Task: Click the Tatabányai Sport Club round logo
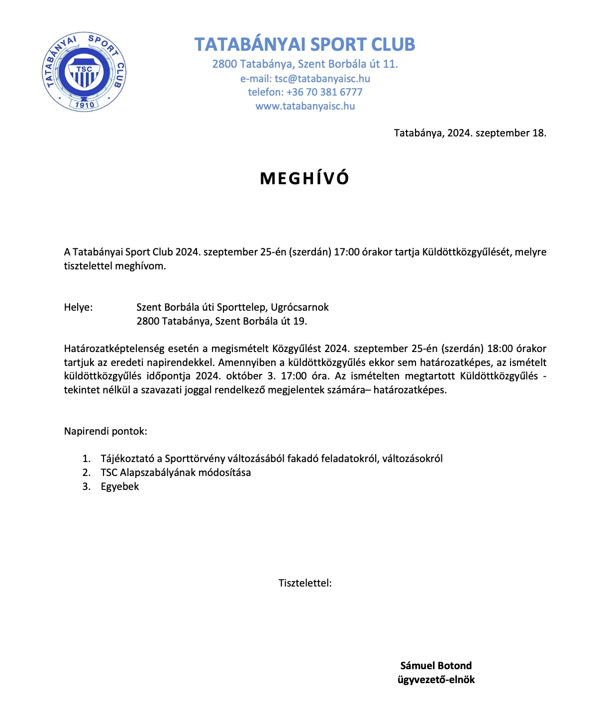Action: [84, 72]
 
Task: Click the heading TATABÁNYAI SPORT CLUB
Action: [304, 44]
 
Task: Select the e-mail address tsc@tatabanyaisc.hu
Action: [322, 79]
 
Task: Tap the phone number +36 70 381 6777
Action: [324, 92]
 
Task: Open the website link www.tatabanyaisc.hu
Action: [305, 106]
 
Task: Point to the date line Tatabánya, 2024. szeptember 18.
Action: [470, 133]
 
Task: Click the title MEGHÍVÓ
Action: [304, 178]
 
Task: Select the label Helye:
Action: [78, 307]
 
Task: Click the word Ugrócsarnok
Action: [300, 307]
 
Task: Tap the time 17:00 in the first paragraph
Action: [346, 252]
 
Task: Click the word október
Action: [244, 376]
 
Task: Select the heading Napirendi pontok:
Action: [105, 431]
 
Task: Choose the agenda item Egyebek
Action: [119, 486]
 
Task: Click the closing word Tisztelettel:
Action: [305, 583]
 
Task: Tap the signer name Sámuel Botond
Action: [436, 666]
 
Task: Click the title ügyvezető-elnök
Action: [436, 680]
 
